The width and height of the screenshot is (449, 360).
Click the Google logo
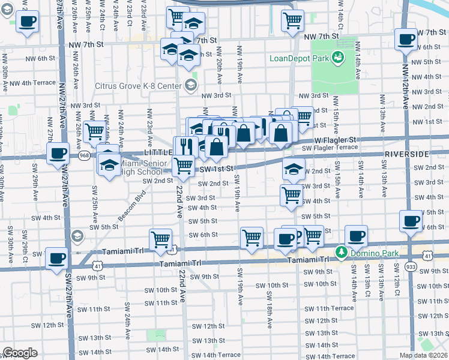point(20,353)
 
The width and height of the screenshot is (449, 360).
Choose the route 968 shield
point(81,156)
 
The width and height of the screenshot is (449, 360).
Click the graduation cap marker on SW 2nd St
point(293,170)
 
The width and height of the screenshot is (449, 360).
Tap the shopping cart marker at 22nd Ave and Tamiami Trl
point(160,239)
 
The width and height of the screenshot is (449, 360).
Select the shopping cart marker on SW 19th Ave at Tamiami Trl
point(252,238)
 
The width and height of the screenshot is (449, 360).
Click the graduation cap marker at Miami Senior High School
point(109,164)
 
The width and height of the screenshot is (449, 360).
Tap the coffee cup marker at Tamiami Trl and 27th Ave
point(57,259)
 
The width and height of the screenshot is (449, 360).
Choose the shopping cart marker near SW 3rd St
point(291,194)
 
